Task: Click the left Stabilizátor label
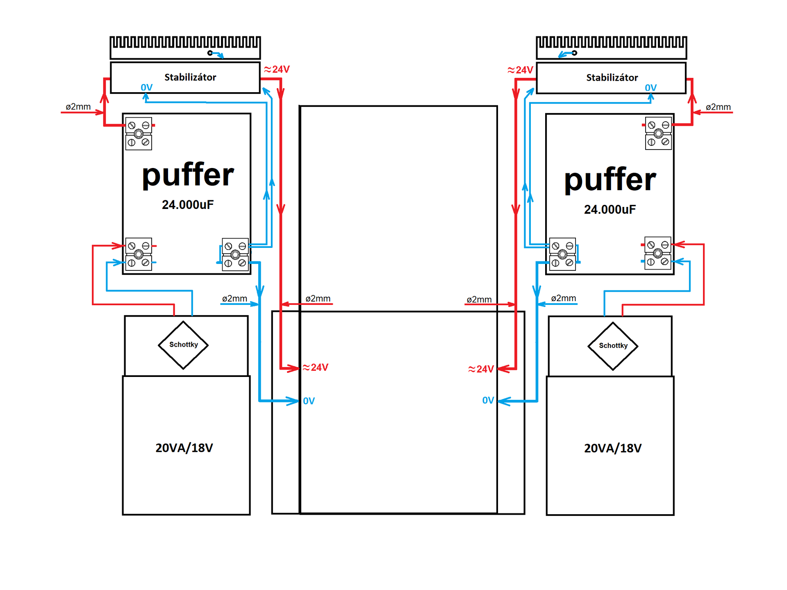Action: coord(190,77)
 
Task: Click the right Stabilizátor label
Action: coord(612,77)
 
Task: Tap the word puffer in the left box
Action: coord(188,175)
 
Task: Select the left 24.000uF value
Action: coord(188,204)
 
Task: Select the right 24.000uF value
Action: coord(610,209)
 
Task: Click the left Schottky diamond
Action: coord(183,345)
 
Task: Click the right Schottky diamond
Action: coord(613,346)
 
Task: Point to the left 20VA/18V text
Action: coord(184,448)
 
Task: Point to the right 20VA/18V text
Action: coord(613,448)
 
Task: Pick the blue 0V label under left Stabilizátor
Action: coord(146,87)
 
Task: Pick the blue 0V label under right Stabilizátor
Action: coord(651,88)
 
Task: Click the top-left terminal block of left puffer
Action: coord(139,134)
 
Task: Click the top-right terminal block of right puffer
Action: coord(658,134)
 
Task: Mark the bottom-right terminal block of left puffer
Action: coord(235,254)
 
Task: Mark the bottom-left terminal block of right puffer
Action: coord(562,254)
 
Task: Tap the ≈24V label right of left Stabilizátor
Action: coord(277,70)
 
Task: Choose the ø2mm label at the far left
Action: coord(78,107)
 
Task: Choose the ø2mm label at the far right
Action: coord(718,107)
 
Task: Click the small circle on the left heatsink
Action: coord(210,53)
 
